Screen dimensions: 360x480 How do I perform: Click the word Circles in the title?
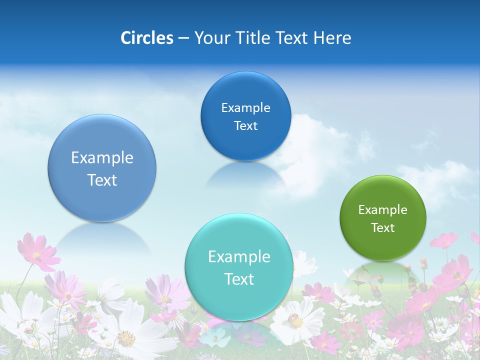tap(147, 38)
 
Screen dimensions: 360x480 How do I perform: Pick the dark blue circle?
tap(245, 116)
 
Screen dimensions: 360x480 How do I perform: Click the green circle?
tap(382, 218)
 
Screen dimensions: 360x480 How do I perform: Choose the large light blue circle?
tap(102, 168)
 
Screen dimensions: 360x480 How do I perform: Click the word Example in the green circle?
tap(382, 209)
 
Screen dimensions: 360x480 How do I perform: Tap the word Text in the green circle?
tap(382, 227)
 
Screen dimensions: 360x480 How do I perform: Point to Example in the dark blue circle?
tap(245, 107)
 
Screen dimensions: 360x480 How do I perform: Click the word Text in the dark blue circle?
tap(245, 125)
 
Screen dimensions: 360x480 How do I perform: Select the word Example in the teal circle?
tap(238, 256)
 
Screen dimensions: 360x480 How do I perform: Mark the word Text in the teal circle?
tap(238, 279)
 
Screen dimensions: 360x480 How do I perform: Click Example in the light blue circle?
tap(102, 157)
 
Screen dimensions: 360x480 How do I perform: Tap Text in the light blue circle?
tap(102, 180)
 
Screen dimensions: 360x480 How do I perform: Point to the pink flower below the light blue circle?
tap(38, 253)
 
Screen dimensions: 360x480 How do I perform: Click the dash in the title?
tap(183, 38)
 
